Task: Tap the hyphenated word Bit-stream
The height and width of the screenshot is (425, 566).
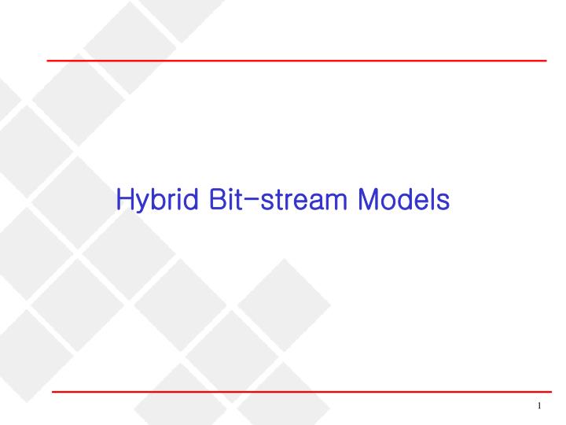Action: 274,199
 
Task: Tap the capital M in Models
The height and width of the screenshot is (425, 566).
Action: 369,199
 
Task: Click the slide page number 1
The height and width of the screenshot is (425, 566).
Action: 540,406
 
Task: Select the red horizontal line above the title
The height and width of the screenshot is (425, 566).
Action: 296,60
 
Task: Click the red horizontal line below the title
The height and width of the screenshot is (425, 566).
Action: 301,391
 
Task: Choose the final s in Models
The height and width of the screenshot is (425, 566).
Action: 443,201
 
